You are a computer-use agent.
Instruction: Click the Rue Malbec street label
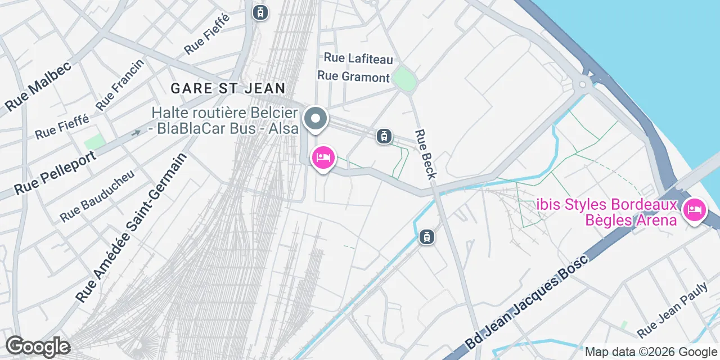[38, 85]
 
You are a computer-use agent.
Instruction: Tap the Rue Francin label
[120, 85]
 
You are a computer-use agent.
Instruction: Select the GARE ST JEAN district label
[228, 88]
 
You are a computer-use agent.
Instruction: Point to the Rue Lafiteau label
[358, 58]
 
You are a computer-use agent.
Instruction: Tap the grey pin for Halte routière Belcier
[316, 119]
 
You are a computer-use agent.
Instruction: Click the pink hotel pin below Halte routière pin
[323, 157]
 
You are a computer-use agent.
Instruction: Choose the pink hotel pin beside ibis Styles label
[694, 211]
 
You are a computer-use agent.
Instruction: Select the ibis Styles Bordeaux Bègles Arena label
[606, 211]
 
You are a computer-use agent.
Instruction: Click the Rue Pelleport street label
[55, 172]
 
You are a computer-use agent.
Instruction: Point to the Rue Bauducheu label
[97, 195]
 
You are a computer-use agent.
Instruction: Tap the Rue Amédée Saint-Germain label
[131, 227]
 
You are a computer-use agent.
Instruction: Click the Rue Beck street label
[425, 154]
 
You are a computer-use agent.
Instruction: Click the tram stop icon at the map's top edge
[260, 12]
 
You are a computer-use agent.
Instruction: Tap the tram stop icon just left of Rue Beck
[384, 136]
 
